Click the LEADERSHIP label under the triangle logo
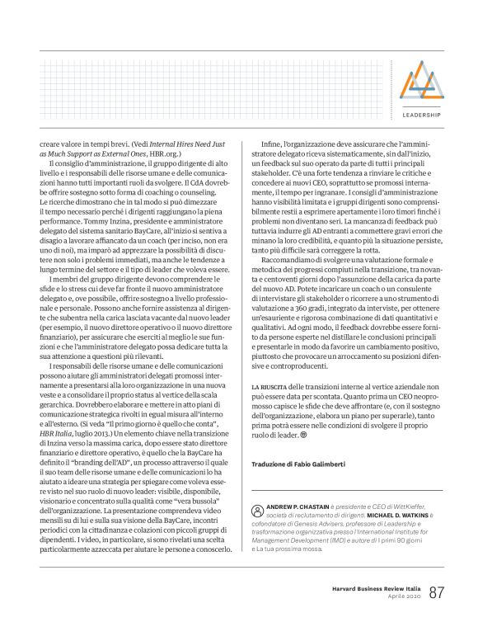point(421,115)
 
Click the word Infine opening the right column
point(271,145)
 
